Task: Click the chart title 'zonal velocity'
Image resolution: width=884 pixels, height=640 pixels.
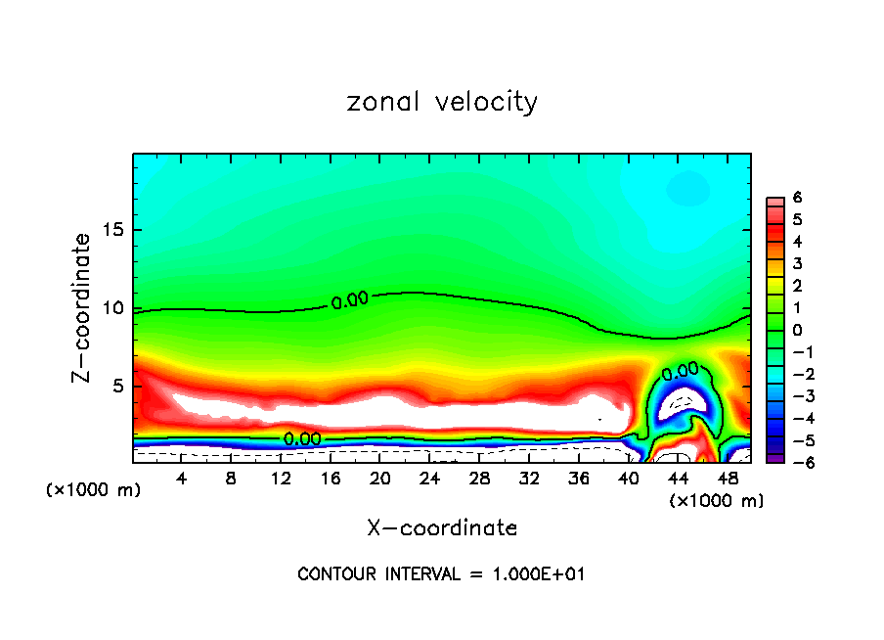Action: coord(442,102)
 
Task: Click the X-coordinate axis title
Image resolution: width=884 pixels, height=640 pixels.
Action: coord(442,528)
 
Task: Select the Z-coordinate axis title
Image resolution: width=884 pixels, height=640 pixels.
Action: coord(83,307)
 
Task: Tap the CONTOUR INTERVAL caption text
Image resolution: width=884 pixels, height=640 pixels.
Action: coord(441,574)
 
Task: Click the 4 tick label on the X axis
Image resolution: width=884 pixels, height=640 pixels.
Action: coord(182,478)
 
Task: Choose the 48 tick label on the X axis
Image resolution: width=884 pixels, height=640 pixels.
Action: coord(727,478)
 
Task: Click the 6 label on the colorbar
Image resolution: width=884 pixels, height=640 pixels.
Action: coord(797,198)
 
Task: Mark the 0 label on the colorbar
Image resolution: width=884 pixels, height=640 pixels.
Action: coord(797,330)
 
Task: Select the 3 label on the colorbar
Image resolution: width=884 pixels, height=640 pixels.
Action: coord(797,263)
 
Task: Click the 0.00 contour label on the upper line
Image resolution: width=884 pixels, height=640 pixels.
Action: coord(349,300)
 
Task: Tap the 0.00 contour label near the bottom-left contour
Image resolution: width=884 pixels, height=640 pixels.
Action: coord(302,439)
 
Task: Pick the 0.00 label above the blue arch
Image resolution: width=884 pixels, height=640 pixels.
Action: coord(680,371)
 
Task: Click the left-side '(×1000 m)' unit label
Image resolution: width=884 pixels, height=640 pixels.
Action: coord(94,490)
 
